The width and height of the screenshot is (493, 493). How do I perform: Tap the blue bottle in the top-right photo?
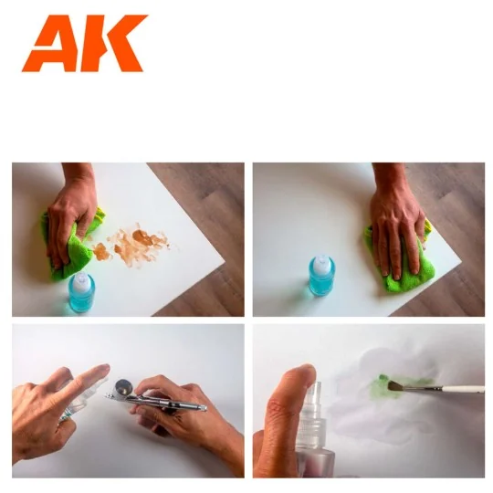point(321,278)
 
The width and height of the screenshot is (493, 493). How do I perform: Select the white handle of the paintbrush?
point(456,389)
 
